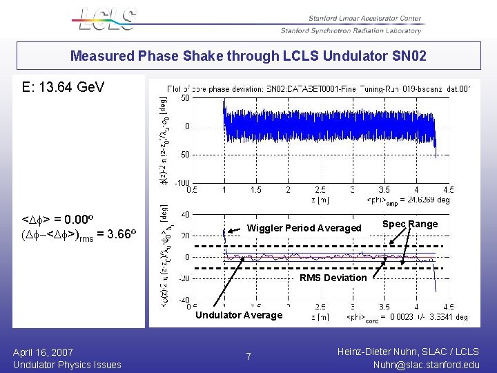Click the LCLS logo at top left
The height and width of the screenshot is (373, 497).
pos(104,19)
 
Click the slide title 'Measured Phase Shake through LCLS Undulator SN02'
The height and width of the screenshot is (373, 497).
pos(248,56)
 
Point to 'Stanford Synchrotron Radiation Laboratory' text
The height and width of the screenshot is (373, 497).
pos(350,30)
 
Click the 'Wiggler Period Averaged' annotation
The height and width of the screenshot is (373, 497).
pos(304,228)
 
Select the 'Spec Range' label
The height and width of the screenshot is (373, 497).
pos(410,224)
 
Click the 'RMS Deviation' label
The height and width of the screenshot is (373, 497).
pos(333,278)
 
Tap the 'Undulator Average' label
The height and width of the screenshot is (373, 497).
pos(239,315)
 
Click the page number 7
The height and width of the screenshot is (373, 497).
pos(249,356)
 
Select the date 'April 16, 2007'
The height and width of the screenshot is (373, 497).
pos(43,352)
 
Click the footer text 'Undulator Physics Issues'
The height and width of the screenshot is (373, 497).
pos(67,365)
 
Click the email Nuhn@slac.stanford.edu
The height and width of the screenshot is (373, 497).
pos(425,365)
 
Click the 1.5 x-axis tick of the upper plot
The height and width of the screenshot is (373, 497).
pos(256,190)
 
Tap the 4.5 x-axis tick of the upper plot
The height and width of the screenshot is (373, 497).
pos(448,190)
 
